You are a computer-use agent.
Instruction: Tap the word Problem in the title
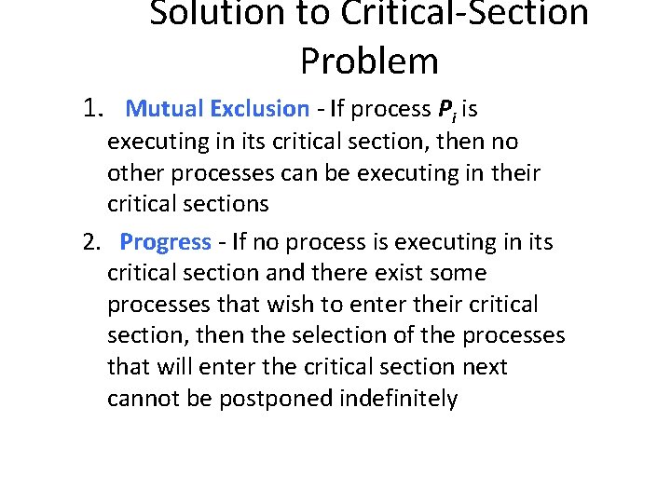click(369, 61)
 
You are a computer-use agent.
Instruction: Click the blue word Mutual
click(164, 109)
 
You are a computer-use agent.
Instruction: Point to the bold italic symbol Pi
click(446, 110)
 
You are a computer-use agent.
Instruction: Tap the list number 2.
click(91, 242)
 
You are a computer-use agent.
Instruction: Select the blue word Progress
click(166, 243)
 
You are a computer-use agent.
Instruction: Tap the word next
click(485, 367)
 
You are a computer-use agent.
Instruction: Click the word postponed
click(276, 400)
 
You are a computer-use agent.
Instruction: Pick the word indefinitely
click(399, 399)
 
